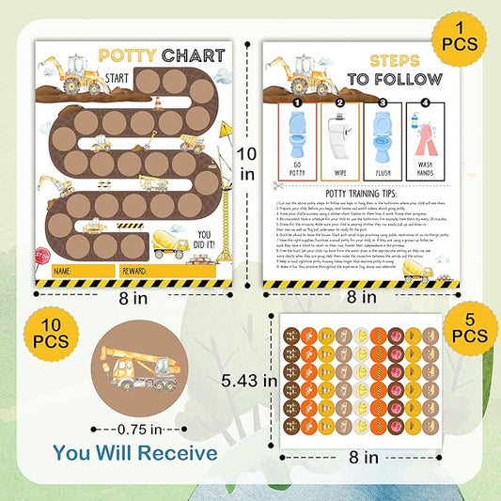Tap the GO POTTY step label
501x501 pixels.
(x=295, y=167)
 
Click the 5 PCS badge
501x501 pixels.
(x=469, y=332)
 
